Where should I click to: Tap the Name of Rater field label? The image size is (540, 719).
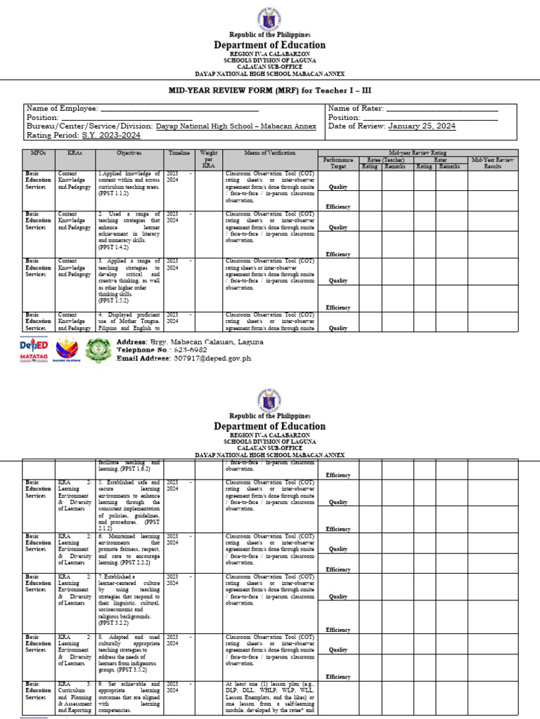pyautogui.click(x=356, y=108)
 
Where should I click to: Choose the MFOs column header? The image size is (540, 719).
pyautogui.click(x=38, y=152)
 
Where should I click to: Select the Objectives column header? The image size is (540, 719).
pyautogui.click(x=129, y=152)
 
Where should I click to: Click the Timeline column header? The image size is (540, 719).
pyautogui.click(x=179, y=152)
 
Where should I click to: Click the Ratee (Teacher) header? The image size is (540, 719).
pyautogui.click(x=382, y=160)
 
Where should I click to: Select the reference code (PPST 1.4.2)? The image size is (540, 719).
pyautogui.click(x=114, y=247)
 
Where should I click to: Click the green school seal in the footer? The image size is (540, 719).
pyautogui.click(x=98, y=350)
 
